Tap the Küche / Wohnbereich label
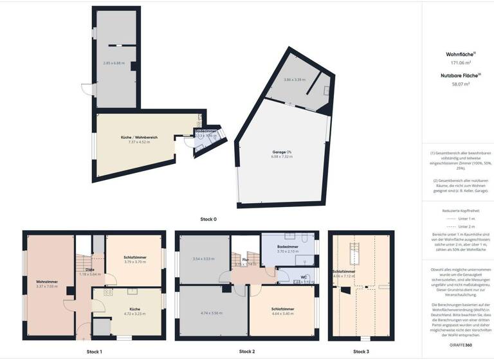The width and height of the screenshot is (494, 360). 140,138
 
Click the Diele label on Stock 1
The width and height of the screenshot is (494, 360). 90,269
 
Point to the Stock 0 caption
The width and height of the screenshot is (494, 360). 208,219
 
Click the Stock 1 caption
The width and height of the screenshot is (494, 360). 95,352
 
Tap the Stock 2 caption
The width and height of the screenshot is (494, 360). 247,352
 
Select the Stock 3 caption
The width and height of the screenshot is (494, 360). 361,352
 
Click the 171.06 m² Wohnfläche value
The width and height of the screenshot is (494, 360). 457,63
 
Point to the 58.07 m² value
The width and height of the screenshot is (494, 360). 457,84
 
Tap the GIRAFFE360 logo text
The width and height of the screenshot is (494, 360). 458,345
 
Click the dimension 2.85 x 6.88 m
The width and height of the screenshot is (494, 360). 114,63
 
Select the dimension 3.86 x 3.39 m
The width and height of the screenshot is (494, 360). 295,80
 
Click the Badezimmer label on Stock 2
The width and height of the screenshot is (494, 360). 288,247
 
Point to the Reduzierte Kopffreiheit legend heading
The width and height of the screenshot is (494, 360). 458,210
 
